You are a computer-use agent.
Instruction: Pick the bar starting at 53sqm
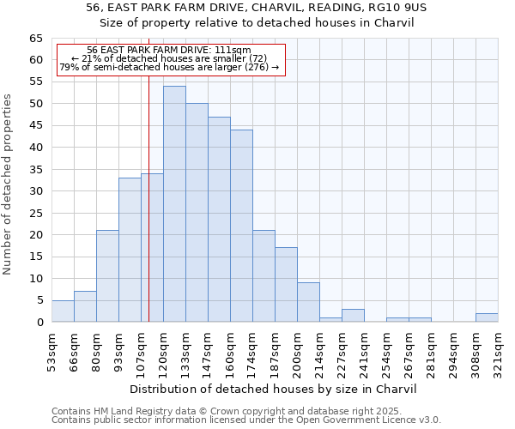63,311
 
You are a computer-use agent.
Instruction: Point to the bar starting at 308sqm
487,317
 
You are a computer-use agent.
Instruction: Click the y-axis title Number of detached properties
9,184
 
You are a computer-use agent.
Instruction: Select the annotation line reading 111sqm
169,51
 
